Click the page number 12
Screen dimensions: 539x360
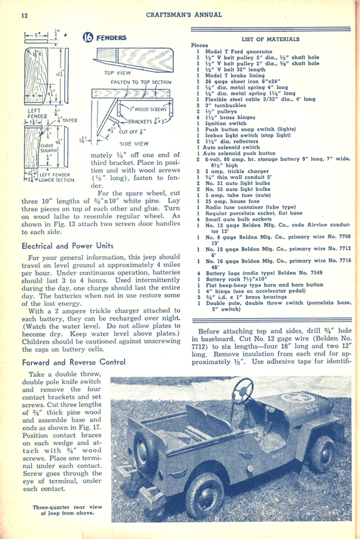(24, 15)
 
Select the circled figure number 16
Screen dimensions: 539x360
(88, 37)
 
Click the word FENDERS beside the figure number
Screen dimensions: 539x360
(114, 38)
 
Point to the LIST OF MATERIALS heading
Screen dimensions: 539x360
(271, 39)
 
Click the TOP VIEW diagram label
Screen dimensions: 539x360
(117, 73)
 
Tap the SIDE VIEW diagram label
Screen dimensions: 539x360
(134, 143)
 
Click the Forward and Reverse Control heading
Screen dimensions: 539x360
(74, 362)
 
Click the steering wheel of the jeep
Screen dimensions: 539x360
(242, 391)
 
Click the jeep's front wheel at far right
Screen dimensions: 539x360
(322, 453)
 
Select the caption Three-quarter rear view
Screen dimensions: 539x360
(67, 510)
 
